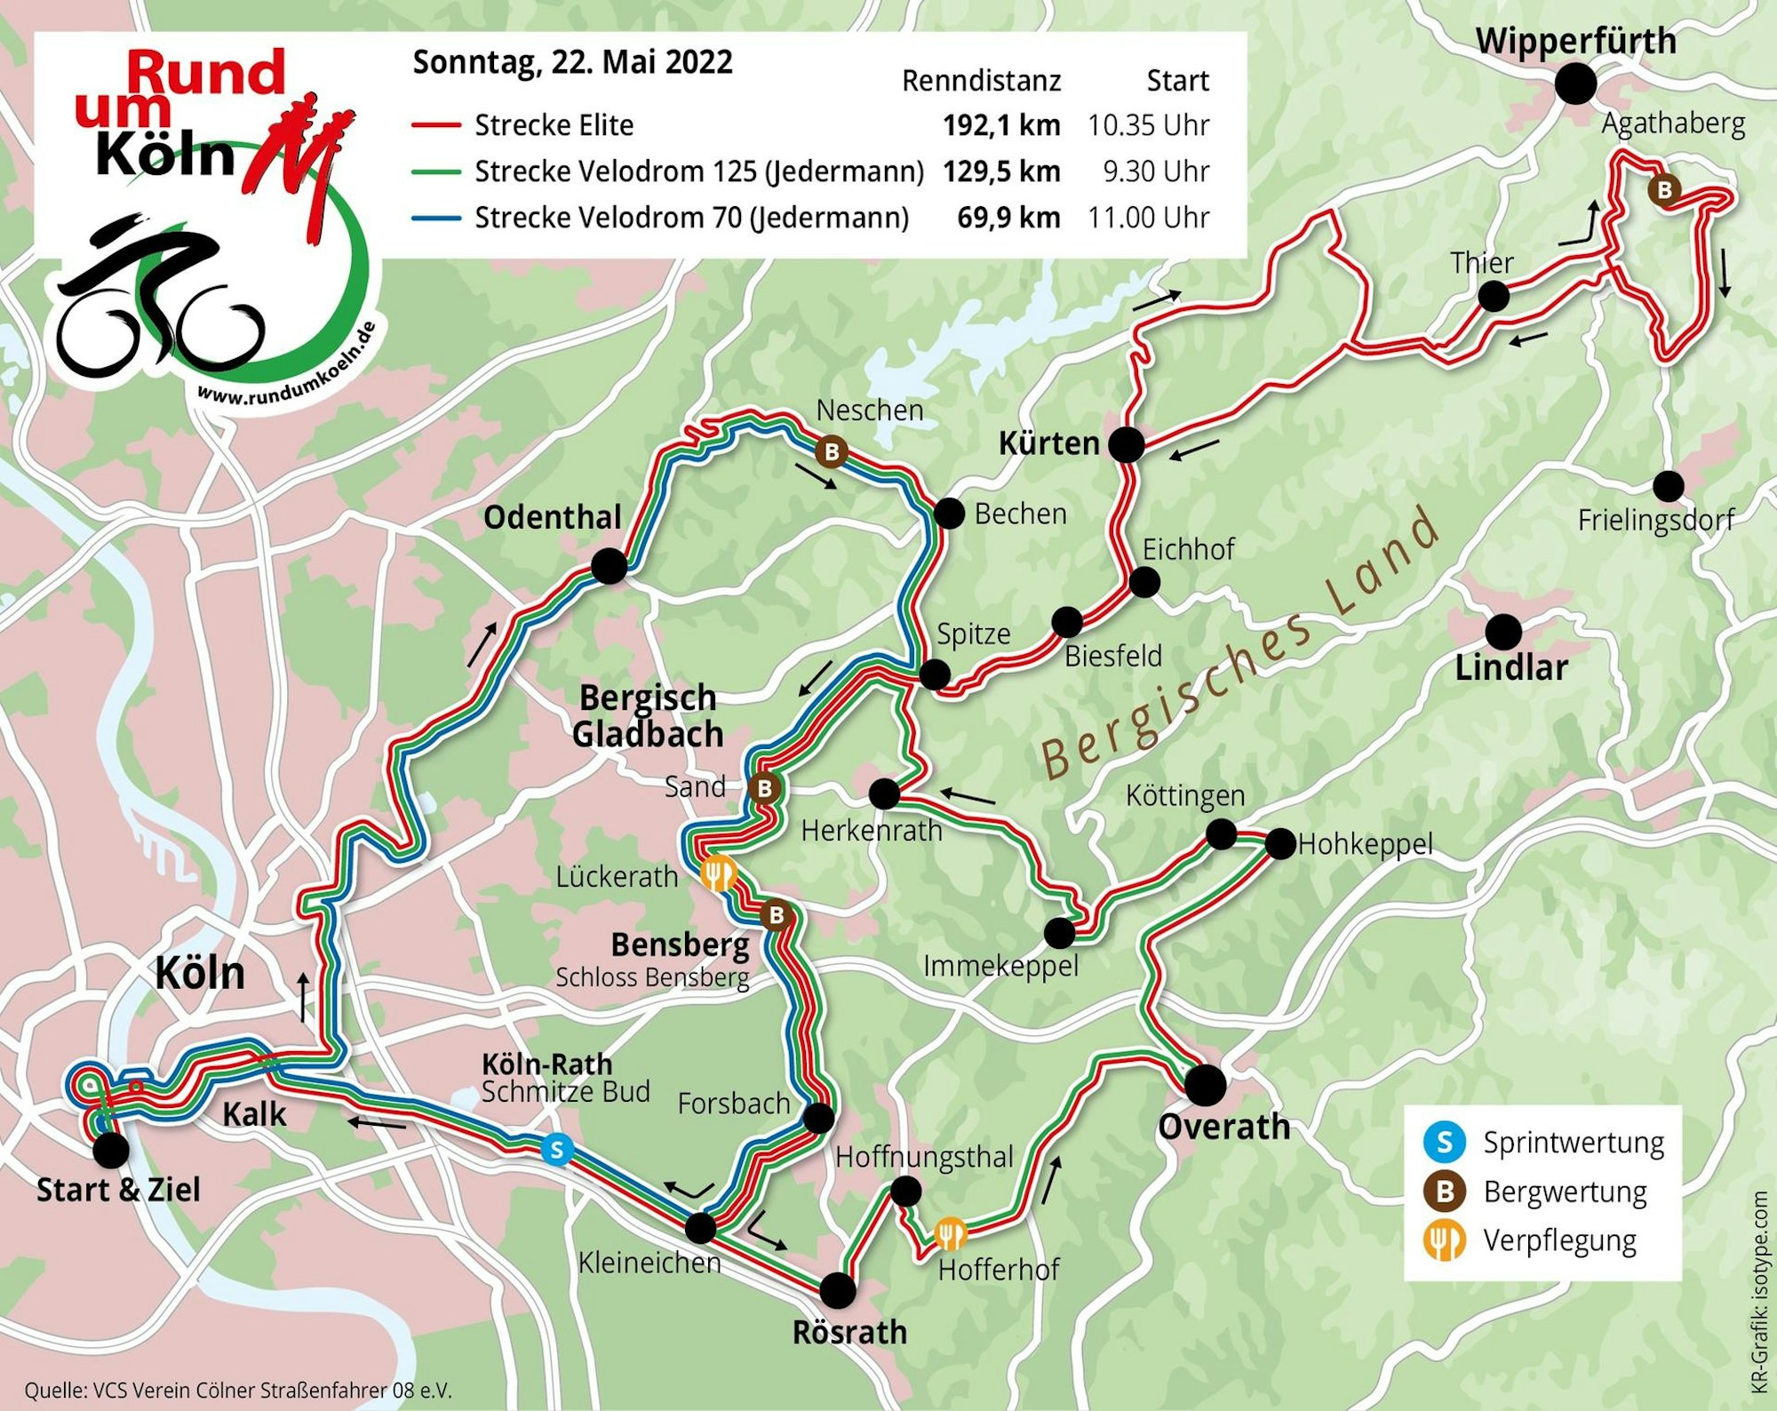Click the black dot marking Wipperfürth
[x=1574, y=84]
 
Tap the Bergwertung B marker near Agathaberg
[x=1664, y=189]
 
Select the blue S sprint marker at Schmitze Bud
[x=556, y=1150]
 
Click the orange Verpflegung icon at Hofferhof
[x=950, y=1233]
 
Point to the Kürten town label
[x=1049, y=442]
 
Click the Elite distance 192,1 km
[x=1001, y=125]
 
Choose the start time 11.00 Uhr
[x=1148, y=218]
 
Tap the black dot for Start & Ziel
[x=111, y=1150]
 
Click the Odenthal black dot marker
[x=609, y=566]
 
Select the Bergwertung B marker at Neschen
[x=832, y=451]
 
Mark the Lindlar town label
[x=1511, y=667]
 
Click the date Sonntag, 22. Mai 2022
[x=573, y=63]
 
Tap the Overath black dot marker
[x=1205, y=1084]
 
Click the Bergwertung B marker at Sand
[x=764, y=788]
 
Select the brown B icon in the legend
[x=1445, y=1191]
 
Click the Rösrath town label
[x=849, y=1333]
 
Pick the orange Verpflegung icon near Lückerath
[x=718, y=874]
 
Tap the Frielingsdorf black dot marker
[x=1668, y=486]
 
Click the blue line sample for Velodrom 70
[x=436, y=218]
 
